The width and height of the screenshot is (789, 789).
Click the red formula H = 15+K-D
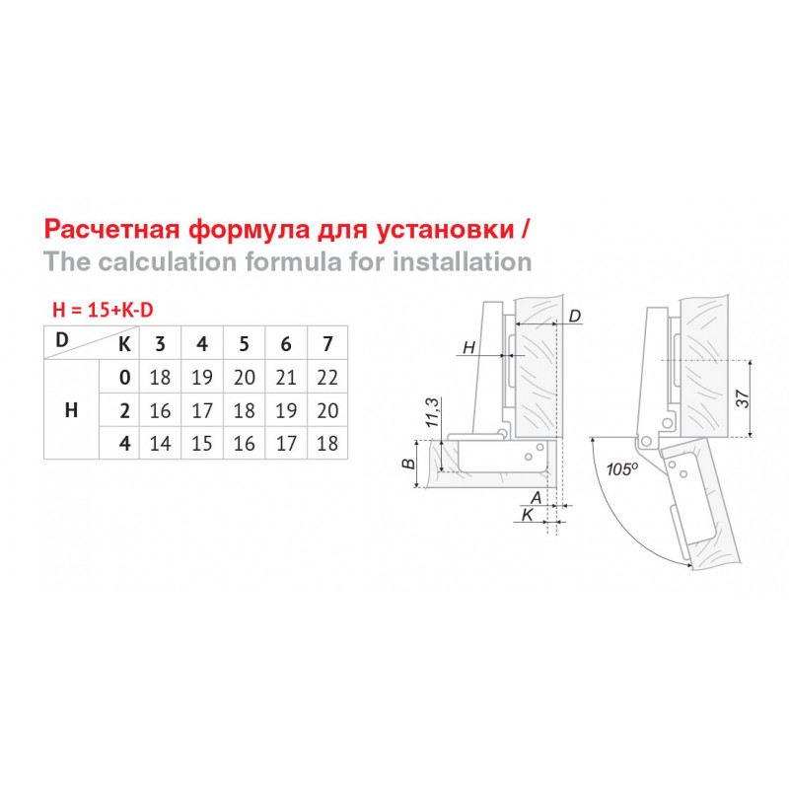point(103,310)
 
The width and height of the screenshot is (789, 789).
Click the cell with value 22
point(327,378)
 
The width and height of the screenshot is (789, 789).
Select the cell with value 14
point(160,444)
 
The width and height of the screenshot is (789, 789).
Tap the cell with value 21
point(286,378)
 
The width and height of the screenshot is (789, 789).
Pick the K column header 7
point(327,344)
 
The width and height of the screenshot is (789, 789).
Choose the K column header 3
point(160,344)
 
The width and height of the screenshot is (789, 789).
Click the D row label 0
point(125,378)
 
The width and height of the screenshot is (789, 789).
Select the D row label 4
point(125,444)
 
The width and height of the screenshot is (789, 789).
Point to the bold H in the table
point(71,410)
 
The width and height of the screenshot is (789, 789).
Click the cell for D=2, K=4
point(202,410)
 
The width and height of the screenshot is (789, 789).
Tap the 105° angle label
point(622,469)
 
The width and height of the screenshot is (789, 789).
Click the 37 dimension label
point(743,399)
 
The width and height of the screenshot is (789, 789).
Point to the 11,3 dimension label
point(433,412)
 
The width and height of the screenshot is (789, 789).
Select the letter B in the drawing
point(409,464)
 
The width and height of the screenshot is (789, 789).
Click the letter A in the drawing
point(537,498)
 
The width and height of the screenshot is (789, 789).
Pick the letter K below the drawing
point(528,515)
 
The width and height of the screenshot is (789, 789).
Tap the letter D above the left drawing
point(575,316)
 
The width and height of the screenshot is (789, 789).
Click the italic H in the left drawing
point(469,347)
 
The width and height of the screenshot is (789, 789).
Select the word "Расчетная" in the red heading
point(111,230)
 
